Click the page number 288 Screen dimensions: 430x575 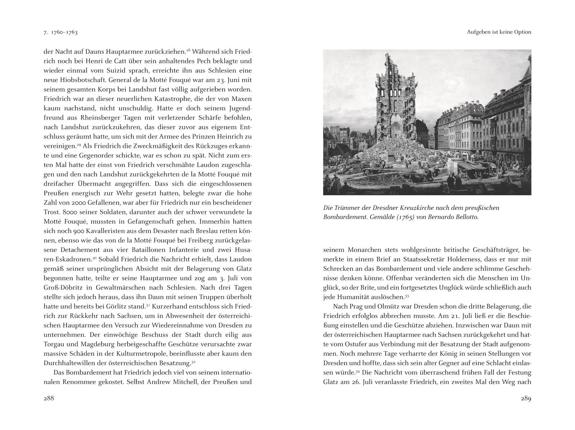click(x=49, y=399)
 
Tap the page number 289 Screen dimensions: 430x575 click(x=526, y=399)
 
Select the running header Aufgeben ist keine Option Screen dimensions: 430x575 click(x=499, y=32)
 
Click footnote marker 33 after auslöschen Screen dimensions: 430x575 click(x=407, y=295)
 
